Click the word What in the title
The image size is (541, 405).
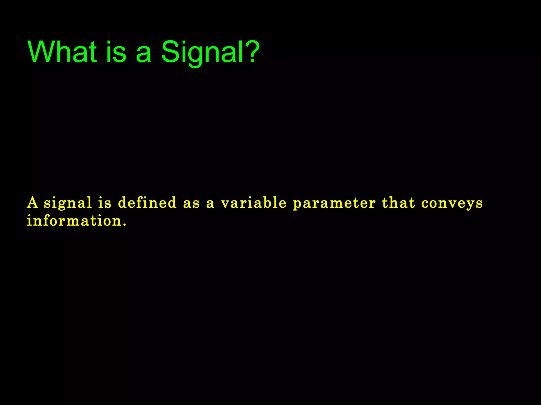(x=62, y=52)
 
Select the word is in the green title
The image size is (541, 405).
(x=116, y=52)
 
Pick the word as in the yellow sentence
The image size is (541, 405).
(x=191, y=204)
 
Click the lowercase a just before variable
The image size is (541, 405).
(x=210, y=204)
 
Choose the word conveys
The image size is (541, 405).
(x=452, y=204)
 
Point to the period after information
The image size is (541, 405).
(x=125, y=225)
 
